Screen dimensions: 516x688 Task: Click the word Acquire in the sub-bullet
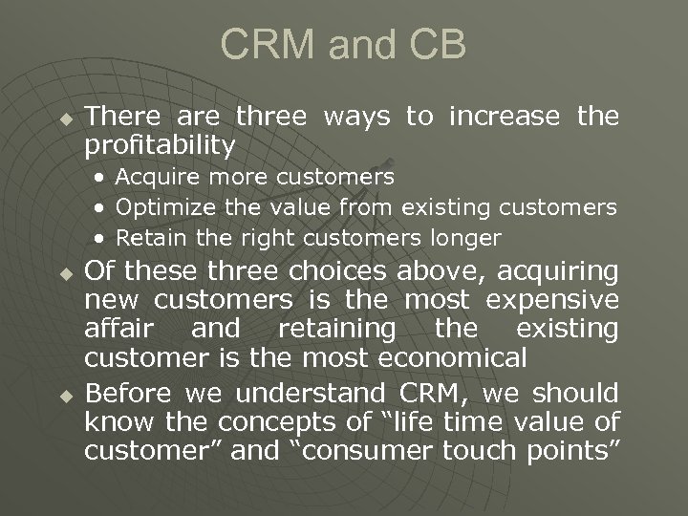pos(159,178)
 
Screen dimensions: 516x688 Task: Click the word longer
pos(464,237)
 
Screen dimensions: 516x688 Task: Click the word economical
pos(452,359)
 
